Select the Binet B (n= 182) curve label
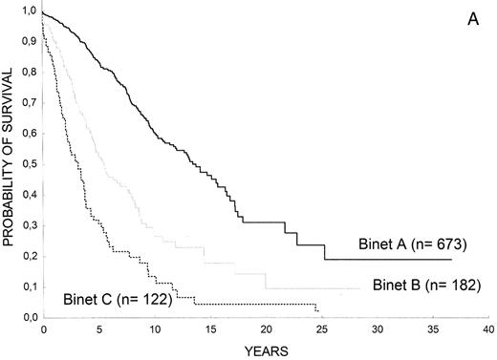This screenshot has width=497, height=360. pos(420,285)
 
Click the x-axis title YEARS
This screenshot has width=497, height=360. pos(263,350)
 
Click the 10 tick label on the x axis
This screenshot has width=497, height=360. pos(154,328)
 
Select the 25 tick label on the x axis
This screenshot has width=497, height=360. pos(322,328)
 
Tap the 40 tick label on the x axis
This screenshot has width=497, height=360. pos(489,328)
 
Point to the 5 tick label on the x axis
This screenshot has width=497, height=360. pos(98,328)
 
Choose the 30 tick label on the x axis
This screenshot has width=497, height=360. pos(378,328)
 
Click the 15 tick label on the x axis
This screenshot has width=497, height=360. pos(210,328)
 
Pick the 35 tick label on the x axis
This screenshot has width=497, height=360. pos(433,328)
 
